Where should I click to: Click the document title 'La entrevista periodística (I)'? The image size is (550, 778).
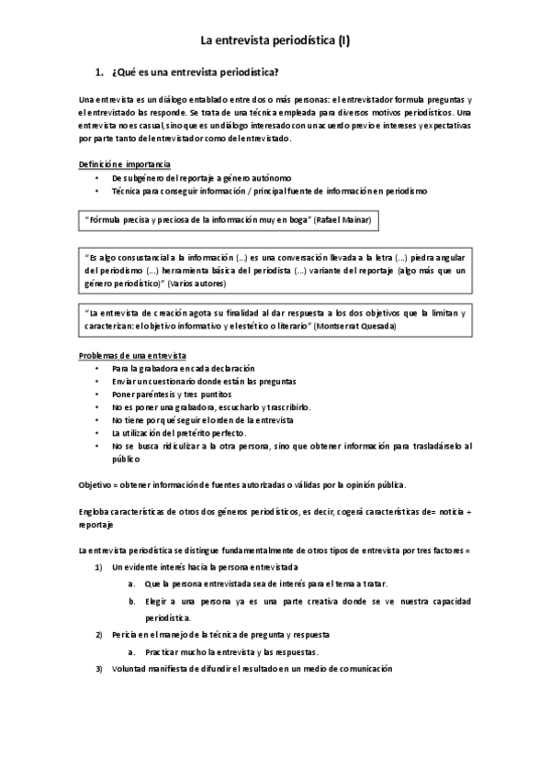tap(275, 39)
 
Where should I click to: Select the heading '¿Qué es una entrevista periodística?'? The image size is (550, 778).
tap(195, 72)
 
